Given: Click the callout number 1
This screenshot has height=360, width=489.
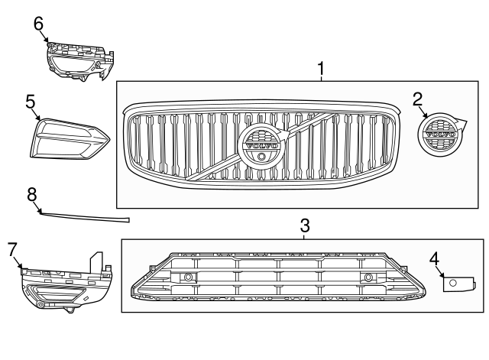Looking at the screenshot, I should pos(321,70).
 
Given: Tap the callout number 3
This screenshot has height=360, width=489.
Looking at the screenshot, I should pos(304,225).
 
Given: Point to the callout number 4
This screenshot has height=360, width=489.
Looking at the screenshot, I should pos(434,258).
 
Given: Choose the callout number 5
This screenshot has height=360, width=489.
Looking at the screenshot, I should pos(31,102).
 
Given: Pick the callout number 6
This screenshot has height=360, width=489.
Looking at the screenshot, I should pos(39,24).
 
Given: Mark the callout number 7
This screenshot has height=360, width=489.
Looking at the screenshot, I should pos(12,248).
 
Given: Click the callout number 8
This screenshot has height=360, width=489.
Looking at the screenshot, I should pos(32,195).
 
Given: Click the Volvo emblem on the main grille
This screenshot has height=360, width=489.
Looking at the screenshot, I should pos(262,144).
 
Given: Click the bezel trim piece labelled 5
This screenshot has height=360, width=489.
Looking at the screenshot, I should pos(69,138).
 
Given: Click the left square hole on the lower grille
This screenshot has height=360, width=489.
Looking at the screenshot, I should pos(186,277).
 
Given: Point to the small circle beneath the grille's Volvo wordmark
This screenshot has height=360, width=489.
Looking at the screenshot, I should pos(262,156).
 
